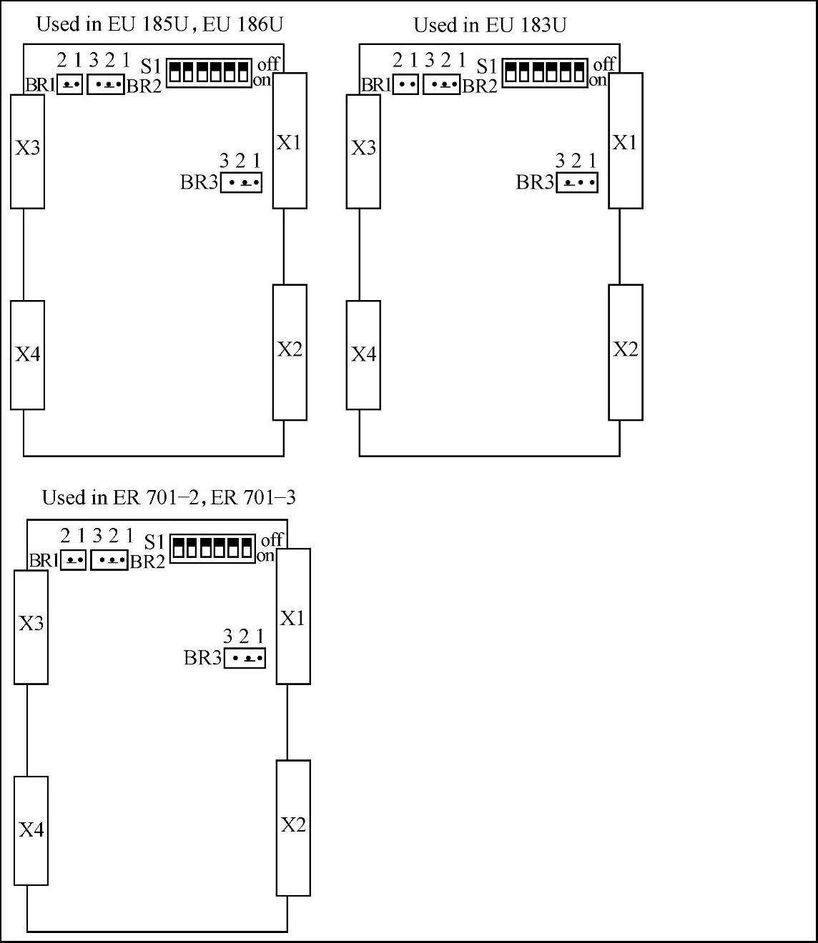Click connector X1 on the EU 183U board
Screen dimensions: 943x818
[x=625, y=141]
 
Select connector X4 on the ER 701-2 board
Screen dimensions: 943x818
[x=31, y=830]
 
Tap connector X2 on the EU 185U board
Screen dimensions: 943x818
[x=290, y=352]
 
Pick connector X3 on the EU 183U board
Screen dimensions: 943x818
[x=363, y=151]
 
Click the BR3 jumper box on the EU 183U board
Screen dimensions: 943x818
[x=576, y=183]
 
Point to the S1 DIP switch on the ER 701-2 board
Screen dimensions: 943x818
[x=212, y=548]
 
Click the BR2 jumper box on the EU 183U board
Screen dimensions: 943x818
[x=441, y=85]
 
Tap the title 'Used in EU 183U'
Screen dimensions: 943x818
[x=490, y=26]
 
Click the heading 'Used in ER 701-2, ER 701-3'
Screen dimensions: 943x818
[x=169, y=498]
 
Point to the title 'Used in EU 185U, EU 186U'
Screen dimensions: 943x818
[x=159, y=24]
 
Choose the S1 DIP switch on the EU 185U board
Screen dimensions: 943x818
[x=209, y=72]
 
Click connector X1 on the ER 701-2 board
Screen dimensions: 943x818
[x=293, y=616]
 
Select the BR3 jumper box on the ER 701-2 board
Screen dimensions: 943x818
[x=245, y=658]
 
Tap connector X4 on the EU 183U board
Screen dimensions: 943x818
[x=363, y=355]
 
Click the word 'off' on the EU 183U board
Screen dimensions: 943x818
[x=604, y=64]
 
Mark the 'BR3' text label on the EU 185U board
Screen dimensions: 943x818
[x=199, y=182]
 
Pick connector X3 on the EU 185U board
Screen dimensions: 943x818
[x=27, y=151]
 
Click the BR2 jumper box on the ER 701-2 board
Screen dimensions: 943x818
[x=109, y=560]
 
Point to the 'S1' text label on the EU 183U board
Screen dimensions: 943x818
[x=486, y=66]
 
